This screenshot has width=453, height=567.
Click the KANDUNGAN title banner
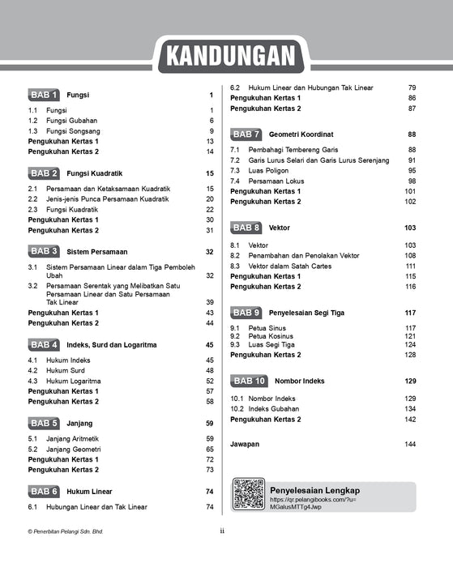227,57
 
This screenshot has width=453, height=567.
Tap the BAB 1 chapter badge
44,95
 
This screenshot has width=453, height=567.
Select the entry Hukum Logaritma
73,380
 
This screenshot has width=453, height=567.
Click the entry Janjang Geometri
73,449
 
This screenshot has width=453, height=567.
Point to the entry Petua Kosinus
273,335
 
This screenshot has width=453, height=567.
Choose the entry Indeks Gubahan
276,408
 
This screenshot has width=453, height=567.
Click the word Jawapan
246,445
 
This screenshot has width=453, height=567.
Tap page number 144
410,445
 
